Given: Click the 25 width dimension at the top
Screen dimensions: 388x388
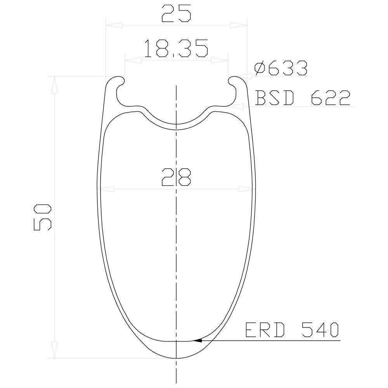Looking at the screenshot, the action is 176,13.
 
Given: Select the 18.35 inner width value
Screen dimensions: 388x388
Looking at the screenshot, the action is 176,48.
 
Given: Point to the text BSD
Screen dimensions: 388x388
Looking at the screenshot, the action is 275,98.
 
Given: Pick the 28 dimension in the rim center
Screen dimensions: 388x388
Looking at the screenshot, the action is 176,177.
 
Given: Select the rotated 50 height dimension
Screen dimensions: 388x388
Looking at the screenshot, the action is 42,217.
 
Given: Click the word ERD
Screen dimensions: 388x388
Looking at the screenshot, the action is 265,329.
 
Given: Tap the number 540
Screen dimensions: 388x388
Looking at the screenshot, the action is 320,329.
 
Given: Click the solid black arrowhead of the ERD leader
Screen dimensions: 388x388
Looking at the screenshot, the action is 197,341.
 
